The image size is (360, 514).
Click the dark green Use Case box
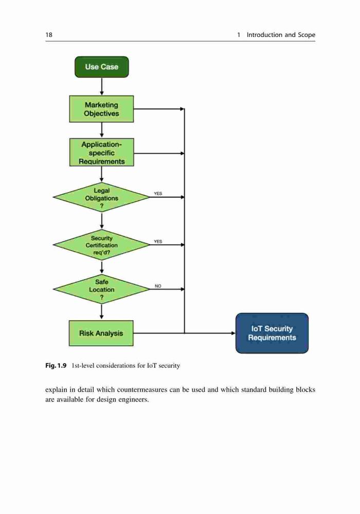click(x=102, y=67)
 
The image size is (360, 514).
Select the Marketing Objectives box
click(x=102, y=109)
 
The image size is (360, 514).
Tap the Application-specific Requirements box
click(x=102, y=153)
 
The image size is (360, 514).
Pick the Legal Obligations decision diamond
click(x=102, y=197)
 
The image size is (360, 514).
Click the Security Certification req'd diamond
click(x=102, y=245)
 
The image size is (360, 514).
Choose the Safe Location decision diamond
click(x=102, y=289)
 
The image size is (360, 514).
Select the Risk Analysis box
click(x=101, y=333)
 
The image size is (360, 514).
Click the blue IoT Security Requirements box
click(x=272, y=333)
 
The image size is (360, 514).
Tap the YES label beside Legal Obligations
click(x=158, y=193)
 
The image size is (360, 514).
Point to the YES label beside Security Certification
click(x=158, y=241)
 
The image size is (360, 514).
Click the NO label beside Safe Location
click(x=158, y=286)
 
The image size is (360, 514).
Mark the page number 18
click(x=49, y=35)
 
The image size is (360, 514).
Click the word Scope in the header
click(x=307, y=35)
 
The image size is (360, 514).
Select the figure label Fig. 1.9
click(x=56, y=365)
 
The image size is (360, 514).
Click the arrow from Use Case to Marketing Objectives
click(x=102, y=86)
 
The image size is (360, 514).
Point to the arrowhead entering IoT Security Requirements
click(x=233, y=333)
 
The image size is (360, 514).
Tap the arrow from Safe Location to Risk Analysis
click(x=102, y=312)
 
